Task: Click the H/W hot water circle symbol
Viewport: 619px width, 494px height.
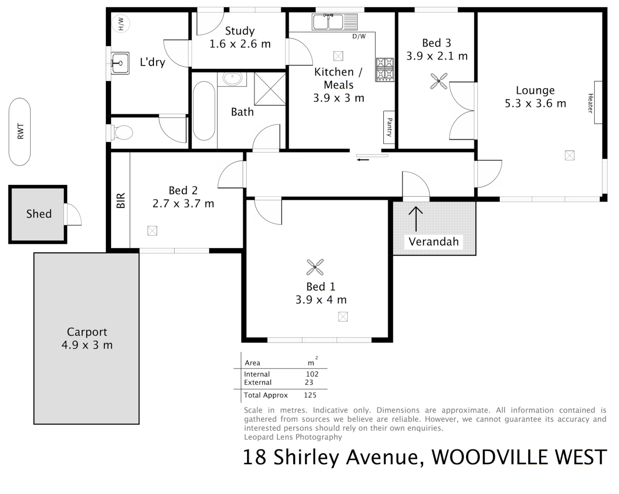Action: [121, 23]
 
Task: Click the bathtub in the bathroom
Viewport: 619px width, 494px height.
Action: [204, 111]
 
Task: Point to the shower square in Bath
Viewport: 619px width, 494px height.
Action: [270, 89]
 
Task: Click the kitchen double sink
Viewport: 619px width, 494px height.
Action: [334, 21]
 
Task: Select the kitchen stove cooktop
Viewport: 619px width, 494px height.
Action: [385, 69]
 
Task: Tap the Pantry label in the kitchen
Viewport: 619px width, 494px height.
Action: [389, 127]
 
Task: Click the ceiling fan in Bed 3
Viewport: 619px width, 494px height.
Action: [439, 81]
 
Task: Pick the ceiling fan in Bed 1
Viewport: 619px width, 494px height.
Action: [315, 267]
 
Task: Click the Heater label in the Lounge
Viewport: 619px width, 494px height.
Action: [590, 103]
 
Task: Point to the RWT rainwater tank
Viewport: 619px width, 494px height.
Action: [20, 132]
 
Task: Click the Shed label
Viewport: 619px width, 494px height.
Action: [39, 214]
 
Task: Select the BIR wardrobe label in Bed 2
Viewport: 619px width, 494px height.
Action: [121, 201]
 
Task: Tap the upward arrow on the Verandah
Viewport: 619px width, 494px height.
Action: [416, 219]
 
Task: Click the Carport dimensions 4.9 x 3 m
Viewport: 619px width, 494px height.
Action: [87, 345]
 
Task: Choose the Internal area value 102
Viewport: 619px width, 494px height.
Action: [312, 374]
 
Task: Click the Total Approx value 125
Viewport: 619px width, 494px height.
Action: [310, 395]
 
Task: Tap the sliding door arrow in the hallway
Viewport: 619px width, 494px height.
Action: [363, 160]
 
